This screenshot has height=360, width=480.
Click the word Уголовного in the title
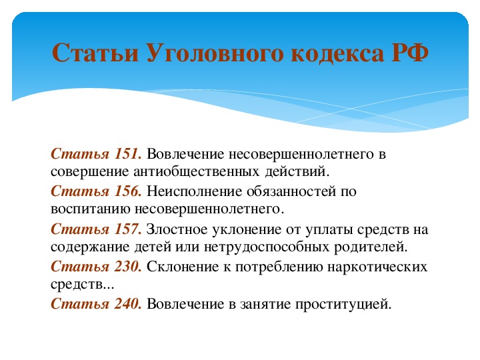pyautogui.click(x=215, y=53)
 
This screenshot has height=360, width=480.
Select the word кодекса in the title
pyautogui.click(x=337, y=53)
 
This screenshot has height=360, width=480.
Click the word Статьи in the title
pyautogui.click(x=95, y=53)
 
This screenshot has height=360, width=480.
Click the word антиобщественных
pyautogui.click(x=196, y=171)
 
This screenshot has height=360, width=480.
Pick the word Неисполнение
pyautogui.click(x=195, y=191)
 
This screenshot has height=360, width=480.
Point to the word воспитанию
pyautogui.click(x=91, y=209)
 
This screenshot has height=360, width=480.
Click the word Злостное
pyautogui.click(x=177, y=229)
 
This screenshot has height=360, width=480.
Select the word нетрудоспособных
pyautogui.click(x=266, y=247)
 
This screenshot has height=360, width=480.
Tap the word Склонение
pyautogui.click(x=183, y=267)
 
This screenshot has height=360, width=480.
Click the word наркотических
pyautogui.click(x=377, y=267)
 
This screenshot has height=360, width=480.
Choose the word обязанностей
pyautogui.click(x=291, y=191)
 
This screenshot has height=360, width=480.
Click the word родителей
pyautogui.click(x=371, y=247)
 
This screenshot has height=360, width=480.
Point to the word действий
pyautogui.click(x=297, y=171)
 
